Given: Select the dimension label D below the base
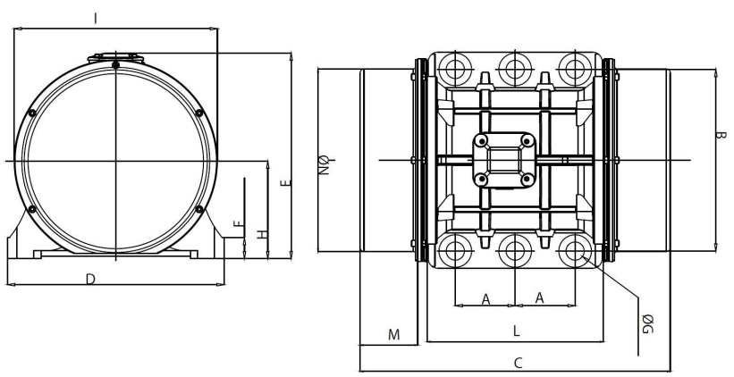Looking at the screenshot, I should coord(90,279).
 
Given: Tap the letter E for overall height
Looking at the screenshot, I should coord(285,183).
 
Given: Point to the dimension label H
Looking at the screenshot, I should coord(261,234).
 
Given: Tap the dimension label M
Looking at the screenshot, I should coord(393,335).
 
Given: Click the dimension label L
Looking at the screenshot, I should coord(516,330).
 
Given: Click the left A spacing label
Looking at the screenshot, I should coord(486,298).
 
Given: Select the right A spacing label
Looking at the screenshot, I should coord(540,298).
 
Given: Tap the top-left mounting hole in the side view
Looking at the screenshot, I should coord(455,68).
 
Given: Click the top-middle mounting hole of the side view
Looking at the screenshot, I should coord(514,68).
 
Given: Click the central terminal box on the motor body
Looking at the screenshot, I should coord(504,160).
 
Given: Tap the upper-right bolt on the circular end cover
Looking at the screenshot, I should coord(198,113).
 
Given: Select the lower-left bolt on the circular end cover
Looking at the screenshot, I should coord(32,209).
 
